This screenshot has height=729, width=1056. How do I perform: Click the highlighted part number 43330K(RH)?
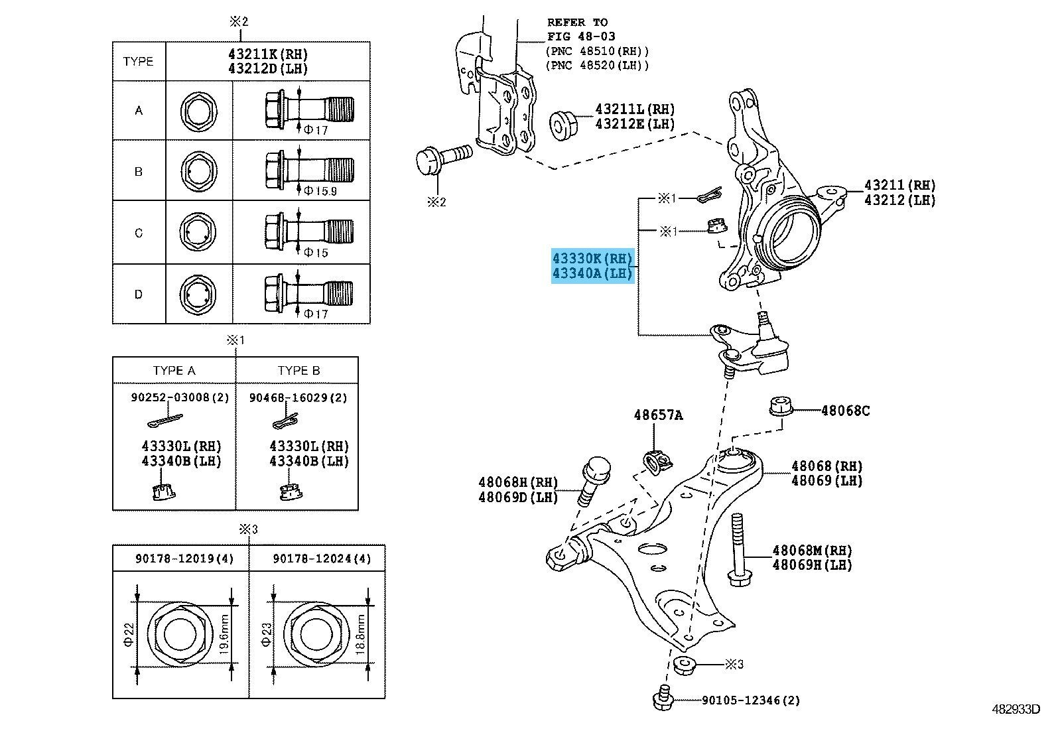tap(592, 258)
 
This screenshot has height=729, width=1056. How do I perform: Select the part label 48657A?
tap(657, 415)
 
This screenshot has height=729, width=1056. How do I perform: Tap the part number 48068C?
tap(845, 411)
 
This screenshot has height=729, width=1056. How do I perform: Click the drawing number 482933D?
tap(1016, 709)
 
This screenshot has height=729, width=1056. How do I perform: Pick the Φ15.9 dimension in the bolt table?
tap(320, 191)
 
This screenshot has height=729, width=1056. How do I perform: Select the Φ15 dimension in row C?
tap(316, 253)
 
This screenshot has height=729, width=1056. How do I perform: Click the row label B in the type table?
tap(138, 171)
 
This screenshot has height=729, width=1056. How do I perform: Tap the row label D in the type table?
tap(138, 294)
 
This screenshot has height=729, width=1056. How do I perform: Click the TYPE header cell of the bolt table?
tap(138, 61)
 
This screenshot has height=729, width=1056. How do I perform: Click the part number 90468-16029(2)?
tap(298, 397)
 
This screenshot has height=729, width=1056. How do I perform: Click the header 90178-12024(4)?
tap(322, 559)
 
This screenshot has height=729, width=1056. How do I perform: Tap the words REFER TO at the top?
tap(577, 23)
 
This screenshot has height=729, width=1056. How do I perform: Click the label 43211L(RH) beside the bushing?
tap(634, 109)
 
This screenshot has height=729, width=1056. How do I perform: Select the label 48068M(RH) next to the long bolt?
tap(812, 550)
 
